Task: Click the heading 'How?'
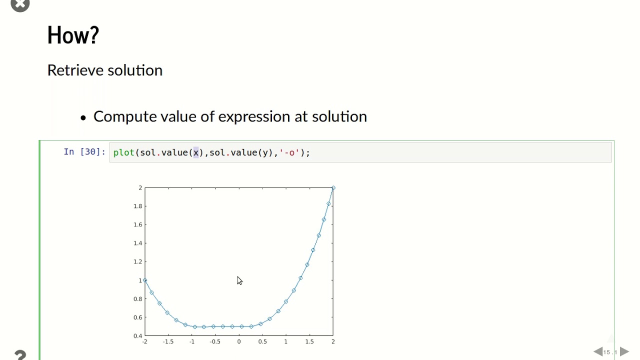tap(73, 35)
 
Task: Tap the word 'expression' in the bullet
tap(254, 117)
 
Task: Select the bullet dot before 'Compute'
tap(83, 117)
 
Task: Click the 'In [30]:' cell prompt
tap(84, 151)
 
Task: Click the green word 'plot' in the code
tap(123, 152)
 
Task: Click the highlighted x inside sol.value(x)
tap(196, 153)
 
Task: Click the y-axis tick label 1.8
tap(137, 206)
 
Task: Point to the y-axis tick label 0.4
tap(137, 336)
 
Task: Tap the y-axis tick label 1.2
tap(137, 261)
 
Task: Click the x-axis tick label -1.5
tap(168, 341)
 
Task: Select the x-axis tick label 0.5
tap(262, 341)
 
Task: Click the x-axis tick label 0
tap(239, 341)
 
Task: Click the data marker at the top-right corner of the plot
tap(333, 188)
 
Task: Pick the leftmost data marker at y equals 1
tap(145, 280)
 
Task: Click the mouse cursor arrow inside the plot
tap(239, 280)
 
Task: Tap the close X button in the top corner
tap(20, 4)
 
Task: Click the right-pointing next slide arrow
tap(624, 351)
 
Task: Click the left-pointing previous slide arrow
tap(598, 351)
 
